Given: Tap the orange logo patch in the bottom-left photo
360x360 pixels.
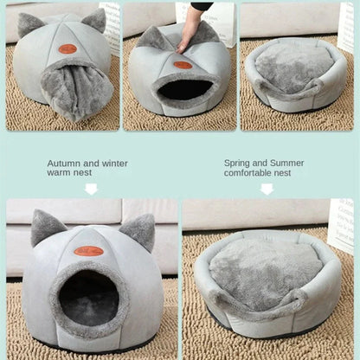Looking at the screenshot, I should pyautogui.click(x=87, y=251).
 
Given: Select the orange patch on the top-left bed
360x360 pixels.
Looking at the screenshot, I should pyautogui.click(x=67, y=48).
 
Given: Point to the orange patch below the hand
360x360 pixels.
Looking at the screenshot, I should pyautogui.click(x=182, y=64).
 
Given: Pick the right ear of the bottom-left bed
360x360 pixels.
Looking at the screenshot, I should pyautogui.click(x=138, y=231).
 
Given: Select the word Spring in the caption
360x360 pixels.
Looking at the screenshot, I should pyautogui.click(x=237, y=162).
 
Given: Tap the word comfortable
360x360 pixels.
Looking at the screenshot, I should pyautogui.click(x=248, y=172).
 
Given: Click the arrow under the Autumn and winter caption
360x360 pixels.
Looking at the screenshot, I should pyautogui.click(x=91, y=188).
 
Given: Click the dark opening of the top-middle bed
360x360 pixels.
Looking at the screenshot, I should pyautogui.click(x=183, y=88).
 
